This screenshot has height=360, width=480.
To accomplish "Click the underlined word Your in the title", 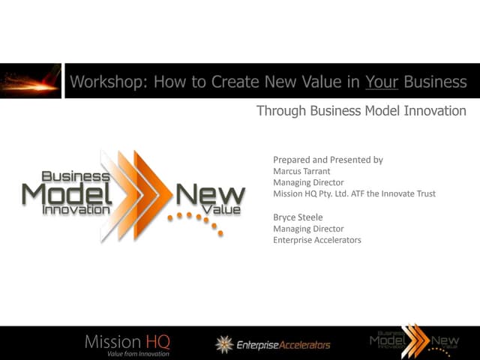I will tap(381, 82).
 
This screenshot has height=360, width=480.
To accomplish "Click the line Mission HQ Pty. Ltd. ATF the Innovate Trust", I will tap(354, 193).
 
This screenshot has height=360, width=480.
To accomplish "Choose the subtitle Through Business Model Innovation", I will tap(361, 111).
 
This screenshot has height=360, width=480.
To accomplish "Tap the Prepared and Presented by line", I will tap(328, 160).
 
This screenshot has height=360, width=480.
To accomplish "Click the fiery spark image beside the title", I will tap(31, 81).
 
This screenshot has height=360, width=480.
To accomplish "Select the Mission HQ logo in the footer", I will tap(127, 341).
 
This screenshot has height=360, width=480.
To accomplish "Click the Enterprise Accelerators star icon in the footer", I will tap(223, 344).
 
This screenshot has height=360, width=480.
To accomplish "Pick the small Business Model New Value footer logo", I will tap(414, 342).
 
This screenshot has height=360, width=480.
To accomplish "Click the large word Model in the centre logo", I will tap(67, 194).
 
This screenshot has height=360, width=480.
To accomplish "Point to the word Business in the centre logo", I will tap(76, 176).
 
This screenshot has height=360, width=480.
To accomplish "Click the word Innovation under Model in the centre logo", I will tap(76, 211).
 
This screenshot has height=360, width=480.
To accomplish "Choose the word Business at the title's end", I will tap(435, 82).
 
